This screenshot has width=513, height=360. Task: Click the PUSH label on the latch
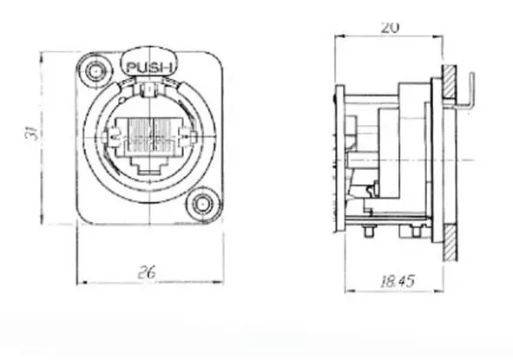click(x=148, y=68)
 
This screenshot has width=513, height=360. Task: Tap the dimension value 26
click(x=146, y=272)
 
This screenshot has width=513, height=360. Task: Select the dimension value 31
click(x=33, y=132)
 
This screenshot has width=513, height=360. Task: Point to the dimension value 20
click(x=390, y=28)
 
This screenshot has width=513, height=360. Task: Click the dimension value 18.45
click(x=398, y=281)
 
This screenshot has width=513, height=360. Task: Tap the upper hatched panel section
click(x=450, y=82)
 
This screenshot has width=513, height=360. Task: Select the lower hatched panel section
click(x=450, y=242)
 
